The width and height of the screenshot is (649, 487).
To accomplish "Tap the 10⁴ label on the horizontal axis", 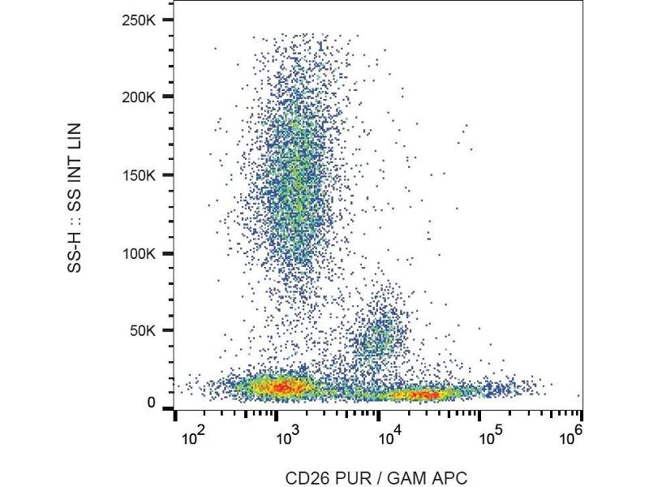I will click(x=390, y=438).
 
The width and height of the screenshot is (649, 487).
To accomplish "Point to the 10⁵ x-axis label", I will click(x=489, y=438).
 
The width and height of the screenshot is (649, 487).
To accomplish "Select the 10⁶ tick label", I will click(x=573, y=438).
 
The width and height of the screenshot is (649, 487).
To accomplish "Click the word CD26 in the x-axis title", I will click(x=303, y=478).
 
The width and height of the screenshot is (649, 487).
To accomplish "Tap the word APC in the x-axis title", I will click(x=451, y=478).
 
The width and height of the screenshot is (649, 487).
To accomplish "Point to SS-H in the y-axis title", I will click(x=75, y=251).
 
